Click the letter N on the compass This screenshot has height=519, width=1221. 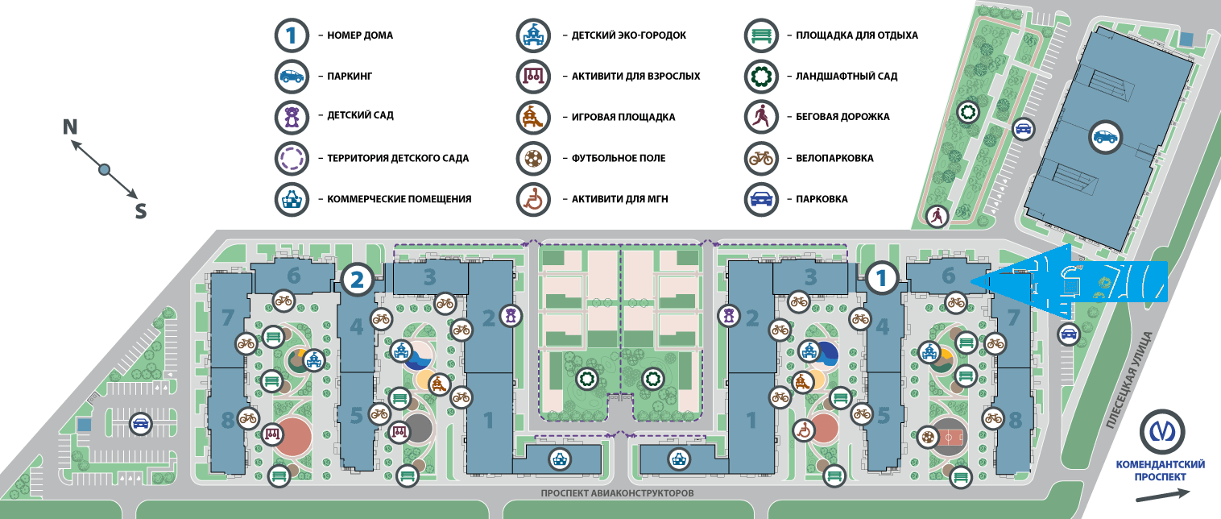point(71,127)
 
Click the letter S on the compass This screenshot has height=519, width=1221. point(140,211)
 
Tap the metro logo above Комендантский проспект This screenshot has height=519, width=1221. point(1161,434)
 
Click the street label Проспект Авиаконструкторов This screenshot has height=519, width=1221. point(616,492)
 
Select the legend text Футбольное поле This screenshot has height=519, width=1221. point(619,159)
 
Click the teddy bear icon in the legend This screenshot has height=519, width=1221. point(292,118)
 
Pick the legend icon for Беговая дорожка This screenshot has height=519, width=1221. point(761,118)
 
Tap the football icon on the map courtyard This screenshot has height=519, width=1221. point(929,438)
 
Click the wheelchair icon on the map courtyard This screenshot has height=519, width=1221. point(803,431)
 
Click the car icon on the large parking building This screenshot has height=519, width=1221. point(1105,137)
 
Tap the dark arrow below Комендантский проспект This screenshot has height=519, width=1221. point(1161,495)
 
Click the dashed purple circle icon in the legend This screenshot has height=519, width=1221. point(292,159)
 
